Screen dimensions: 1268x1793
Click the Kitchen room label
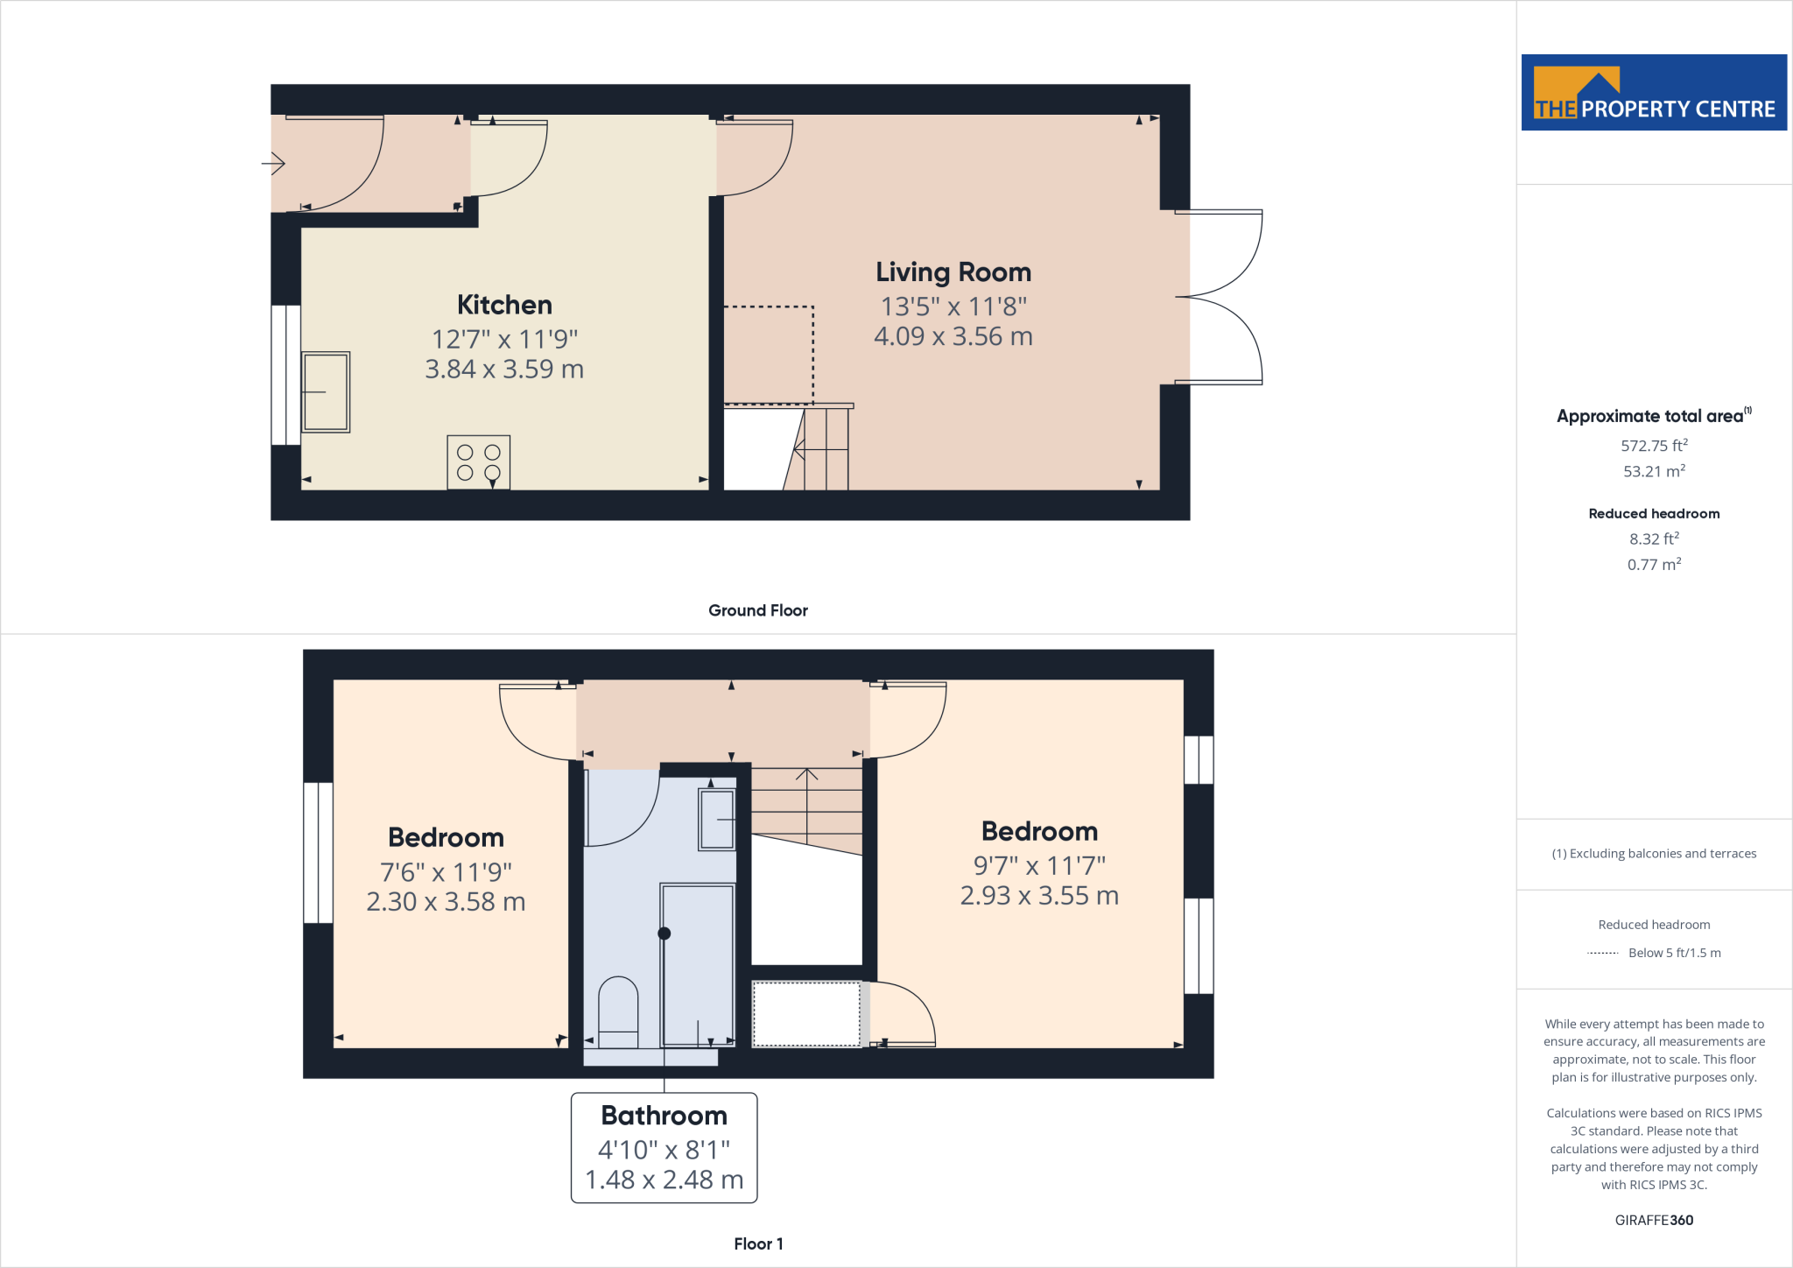(504, 305)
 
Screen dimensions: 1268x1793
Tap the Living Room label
(953, 272)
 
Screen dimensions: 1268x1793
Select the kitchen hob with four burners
(478, 462)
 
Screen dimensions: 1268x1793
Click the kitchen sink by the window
(326, 392)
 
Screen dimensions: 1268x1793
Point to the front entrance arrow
(273, 163)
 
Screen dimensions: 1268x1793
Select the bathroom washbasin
(716, 820)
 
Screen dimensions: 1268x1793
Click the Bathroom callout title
(664, 1116)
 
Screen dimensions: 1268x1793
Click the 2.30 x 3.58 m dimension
(446, 902)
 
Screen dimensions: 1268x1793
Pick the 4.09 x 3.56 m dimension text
(953, 336)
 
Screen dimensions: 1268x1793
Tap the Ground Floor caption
(757, 610)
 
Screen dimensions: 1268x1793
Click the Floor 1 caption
(758, 1243)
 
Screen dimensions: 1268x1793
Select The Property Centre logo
(1654, 93)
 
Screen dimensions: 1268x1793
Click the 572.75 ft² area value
(1654, 446)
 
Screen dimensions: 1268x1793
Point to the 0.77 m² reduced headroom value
(1654, 565)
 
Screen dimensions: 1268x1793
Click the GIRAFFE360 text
(1654, 1220)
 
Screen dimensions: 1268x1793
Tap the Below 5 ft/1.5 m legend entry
(1673, 953)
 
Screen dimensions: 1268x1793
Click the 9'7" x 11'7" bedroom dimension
(1039, 866)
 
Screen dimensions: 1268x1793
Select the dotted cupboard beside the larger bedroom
(806, 1014)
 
